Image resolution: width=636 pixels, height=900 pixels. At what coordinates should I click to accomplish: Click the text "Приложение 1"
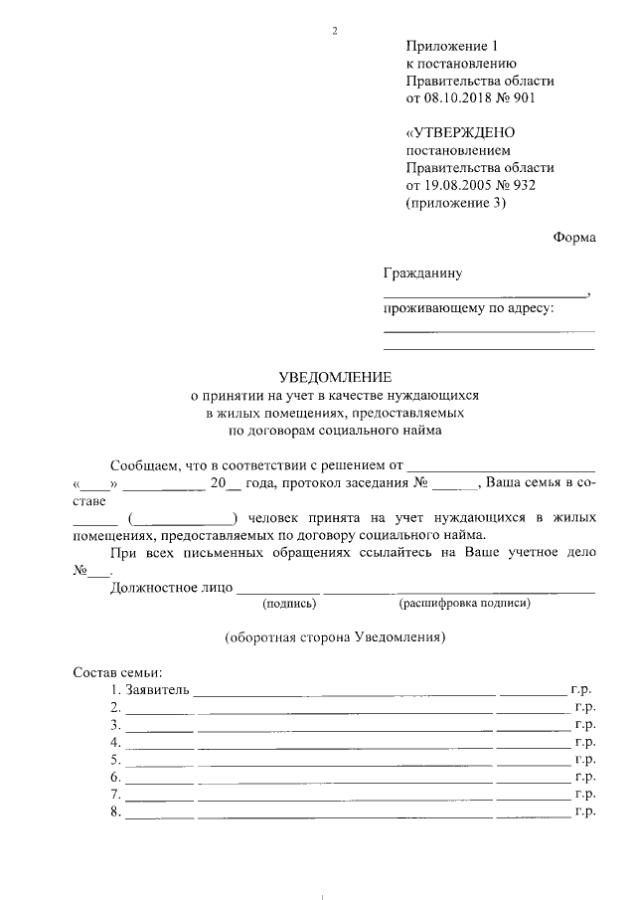click(x=449, y=47)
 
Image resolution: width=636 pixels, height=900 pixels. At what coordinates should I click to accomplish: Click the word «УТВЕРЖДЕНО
click(x=460, y=133)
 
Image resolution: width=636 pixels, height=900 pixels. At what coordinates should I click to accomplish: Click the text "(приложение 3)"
click(x=455, y=203)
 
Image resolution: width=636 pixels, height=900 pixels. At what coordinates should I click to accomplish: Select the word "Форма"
click(x=574, y=238)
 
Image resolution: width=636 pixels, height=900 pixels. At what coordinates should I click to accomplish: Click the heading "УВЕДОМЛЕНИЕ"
click(x=335, y=377)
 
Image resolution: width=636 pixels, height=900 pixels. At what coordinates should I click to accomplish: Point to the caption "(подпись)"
click(x=289, y=603)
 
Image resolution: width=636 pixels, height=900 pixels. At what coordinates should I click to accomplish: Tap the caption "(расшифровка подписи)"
click(x=464, y=603)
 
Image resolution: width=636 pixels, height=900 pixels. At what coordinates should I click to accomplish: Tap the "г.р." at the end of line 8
click(x=584, y=812)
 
